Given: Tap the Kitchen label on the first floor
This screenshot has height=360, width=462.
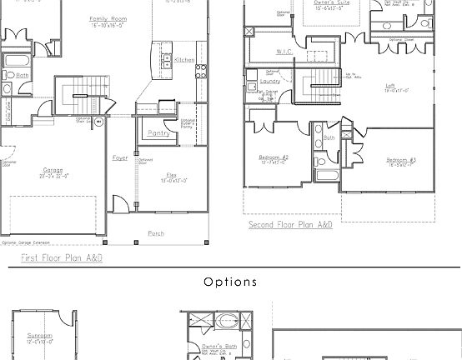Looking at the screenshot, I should point(184,60).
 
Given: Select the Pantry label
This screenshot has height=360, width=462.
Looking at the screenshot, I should point(158,133).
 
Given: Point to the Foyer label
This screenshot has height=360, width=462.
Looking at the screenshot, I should point(120,157).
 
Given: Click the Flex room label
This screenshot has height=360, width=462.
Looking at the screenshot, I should point(171,174).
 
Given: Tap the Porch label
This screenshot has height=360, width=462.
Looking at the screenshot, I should point(156,233).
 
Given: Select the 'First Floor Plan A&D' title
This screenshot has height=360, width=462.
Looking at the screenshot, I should point(62,258).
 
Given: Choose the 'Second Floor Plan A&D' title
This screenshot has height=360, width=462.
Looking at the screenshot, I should point(290,225).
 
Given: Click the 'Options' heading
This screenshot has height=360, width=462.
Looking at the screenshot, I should point(230,282).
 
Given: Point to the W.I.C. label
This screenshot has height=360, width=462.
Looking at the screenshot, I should point(284,52).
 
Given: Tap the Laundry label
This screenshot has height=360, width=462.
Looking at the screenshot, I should point(269,82).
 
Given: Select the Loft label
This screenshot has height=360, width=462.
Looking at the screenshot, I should point(389,85).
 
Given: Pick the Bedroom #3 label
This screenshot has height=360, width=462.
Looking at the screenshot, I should point(395,159).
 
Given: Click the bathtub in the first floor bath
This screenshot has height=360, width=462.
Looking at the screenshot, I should point(16,61).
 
